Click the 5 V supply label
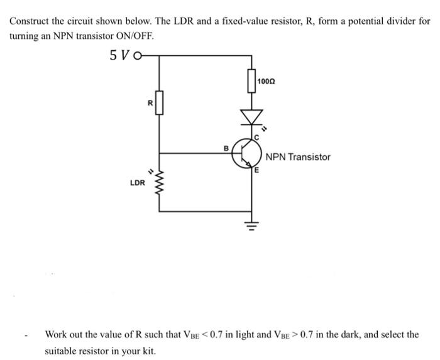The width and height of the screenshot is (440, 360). click(119, 55)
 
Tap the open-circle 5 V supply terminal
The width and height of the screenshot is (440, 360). click(136, 55)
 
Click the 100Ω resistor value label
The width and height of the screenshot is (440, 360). click(267, 81)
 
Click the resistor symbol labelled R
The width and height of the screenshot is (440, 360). click(159, 102)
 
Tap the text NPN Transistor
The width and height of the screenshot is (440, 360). click(297, 157)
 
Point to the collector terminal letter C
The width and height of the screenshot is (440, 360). click(256, 136)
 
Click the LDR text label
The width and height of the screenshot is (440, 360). click(138, 183)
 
